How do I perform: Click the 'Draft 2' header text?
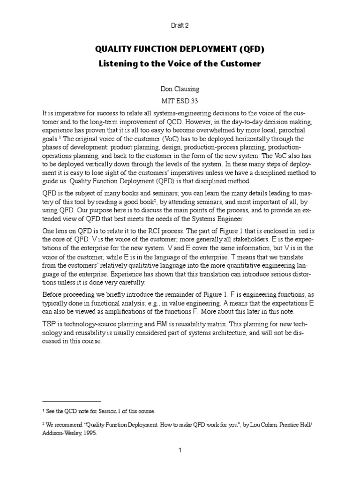[180, 26]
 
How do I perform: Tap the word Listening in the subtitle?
[121, 64]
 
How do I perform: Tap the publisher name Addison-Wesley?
[60, 434]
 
